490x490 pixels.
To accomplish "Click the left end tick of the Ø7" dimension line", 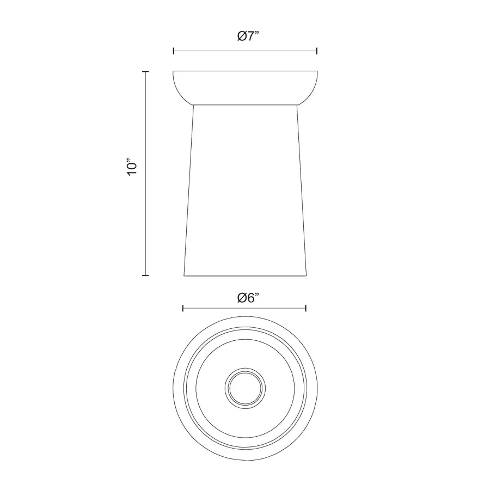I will point(173,51).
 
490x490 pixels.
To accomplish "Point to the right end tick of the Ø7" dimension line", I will point(317,51).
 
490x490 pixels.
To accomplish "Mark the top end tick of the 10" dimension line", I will point(145,71).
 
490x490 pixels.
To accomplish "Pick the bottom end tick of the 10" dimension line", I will point(145,275).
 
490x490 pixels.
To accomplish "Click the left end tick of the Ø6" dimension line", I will point(183,309).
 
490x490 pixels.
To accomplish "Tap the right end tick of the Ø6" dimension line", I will point(307,309).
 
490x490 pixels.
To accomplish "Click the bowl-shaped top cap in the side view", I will point(245,87).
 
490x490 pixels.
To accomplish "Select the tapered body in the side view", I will point(245,191).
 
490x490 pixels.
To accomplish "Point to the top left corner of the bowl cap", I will point(173,71).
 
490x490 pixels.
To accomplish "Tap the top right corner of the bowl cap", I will point(317,71).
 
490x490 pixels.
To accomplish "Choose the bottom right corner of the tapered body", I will point(306,275).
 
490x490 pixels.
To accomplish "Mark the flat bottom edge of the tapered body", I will point(245,275).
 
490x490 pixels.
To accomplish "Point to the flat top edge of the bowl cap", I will point(245,71).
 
